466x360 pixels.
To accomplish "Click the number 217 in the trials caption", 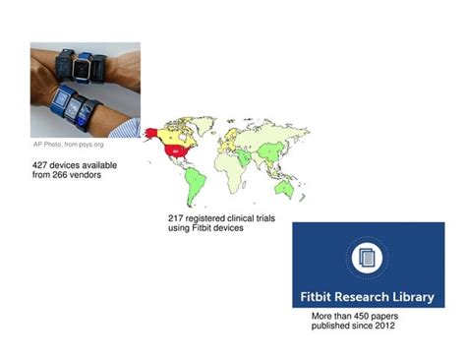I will click(x=177, y=218).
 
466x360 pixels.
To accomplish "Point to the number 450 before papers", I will click(x=367, y=316).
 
